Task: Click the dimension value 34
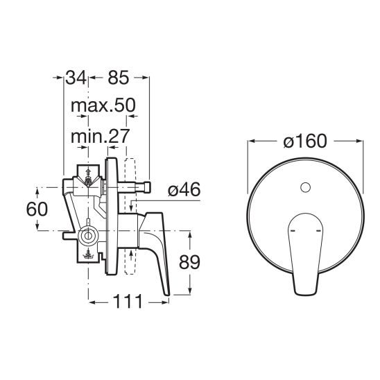pos(76,78)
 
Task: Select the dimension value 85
pos(119,78)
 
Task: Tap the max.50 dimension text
pos(103,105)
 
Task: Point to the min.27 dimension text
pos(100,136)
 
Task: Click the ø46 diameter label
pos(184,189)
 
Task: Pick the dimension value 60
pos(37,209)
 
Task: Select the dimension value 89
pos(189,262)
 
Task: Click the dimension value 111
pos(128,302)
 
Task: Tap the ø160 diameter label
pos(305,141)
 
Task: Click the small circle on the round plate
pos(305,187)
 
